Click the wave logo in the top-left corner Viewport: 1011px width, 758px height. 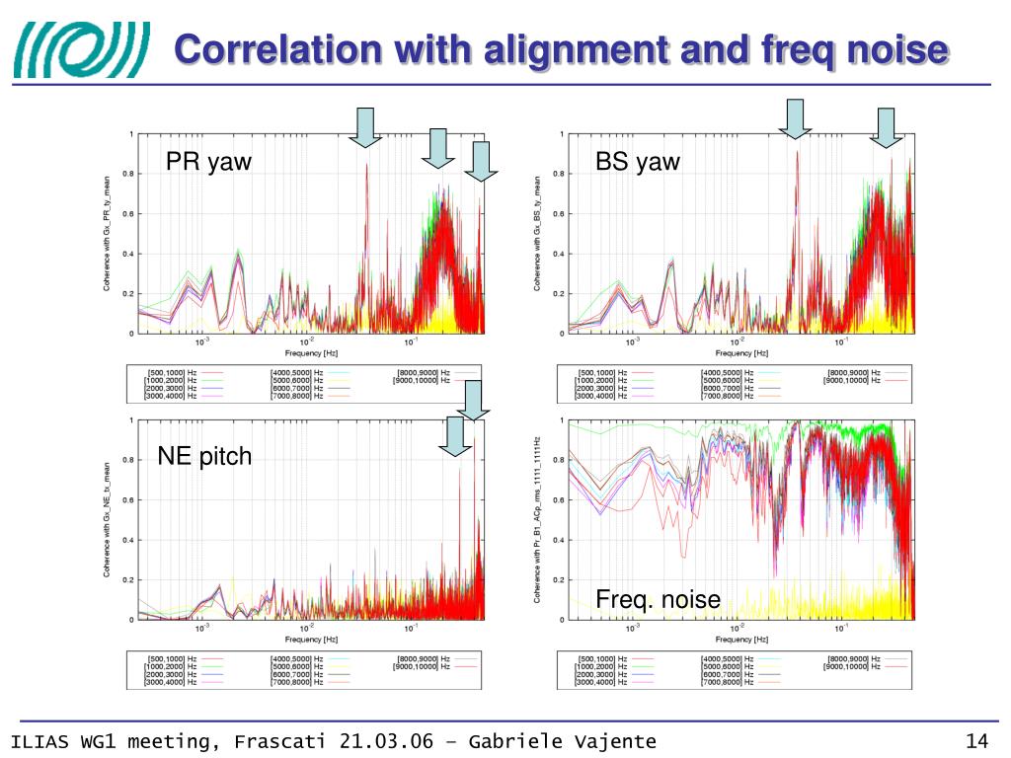point(81,50)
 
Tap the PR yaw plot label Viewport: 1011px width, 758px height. point(208,162)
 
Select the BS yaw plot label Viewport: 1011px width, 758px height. point(638,162)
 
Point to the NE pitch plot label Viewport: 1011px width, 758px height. point(204,456)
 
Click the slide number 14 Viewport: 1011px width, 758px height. point(976,742)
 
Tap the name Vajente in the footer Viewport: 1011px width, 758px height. point(612,742)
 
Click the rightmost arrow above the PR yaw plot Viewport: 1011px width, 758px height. point(480,161)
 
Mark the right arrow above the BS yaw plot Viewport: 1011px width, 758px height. point(886,127)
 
